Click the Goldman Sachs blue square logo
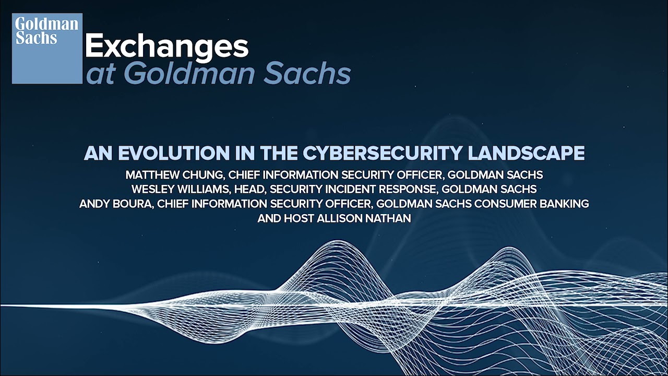pos(47,49)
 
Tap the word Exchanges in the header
pos(166,48)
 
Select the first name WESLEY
pos(155,189)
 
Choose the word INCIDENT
pos(345,189)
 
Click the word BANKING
pos(566,204)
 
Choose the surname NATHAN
pos(389,218)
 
